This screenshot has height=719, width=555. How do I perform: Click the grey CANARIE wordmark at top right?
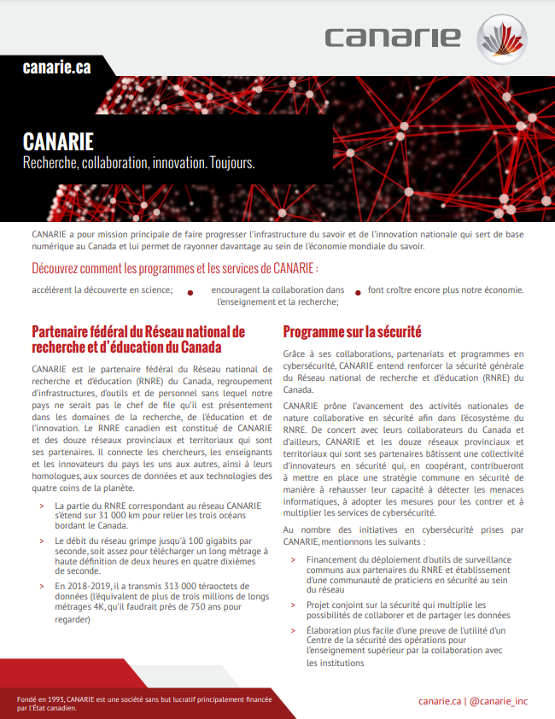393,38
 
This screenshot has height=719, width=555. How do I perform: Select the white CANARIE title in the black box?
58,141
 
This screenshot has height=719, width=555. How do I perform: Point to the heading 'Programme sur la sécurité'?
352,331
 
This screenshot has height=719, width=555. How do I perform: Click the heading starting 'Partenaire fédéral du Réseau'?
137,339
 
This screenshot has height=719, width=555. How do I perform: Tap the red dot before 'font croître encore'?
358,292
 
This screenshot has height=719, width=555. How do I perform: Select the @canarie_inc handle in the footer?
499,701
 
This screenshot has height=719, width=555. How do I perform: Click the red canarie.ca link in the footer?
440,701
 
